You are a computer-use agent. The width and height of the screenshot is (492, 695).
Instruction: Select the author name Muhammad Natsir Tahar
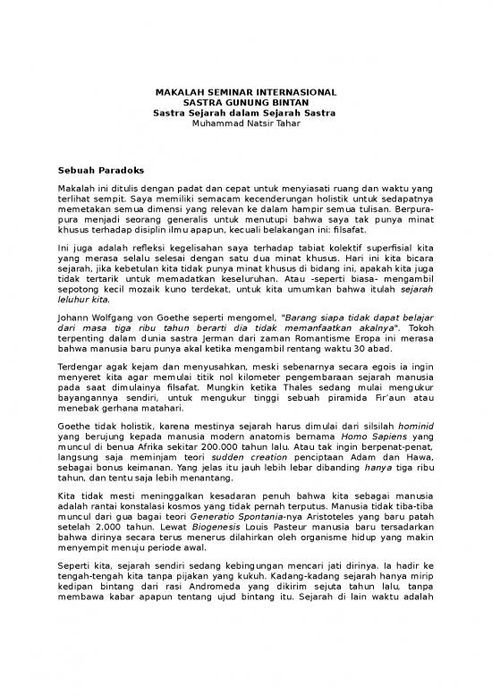(x=245, y=123)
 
